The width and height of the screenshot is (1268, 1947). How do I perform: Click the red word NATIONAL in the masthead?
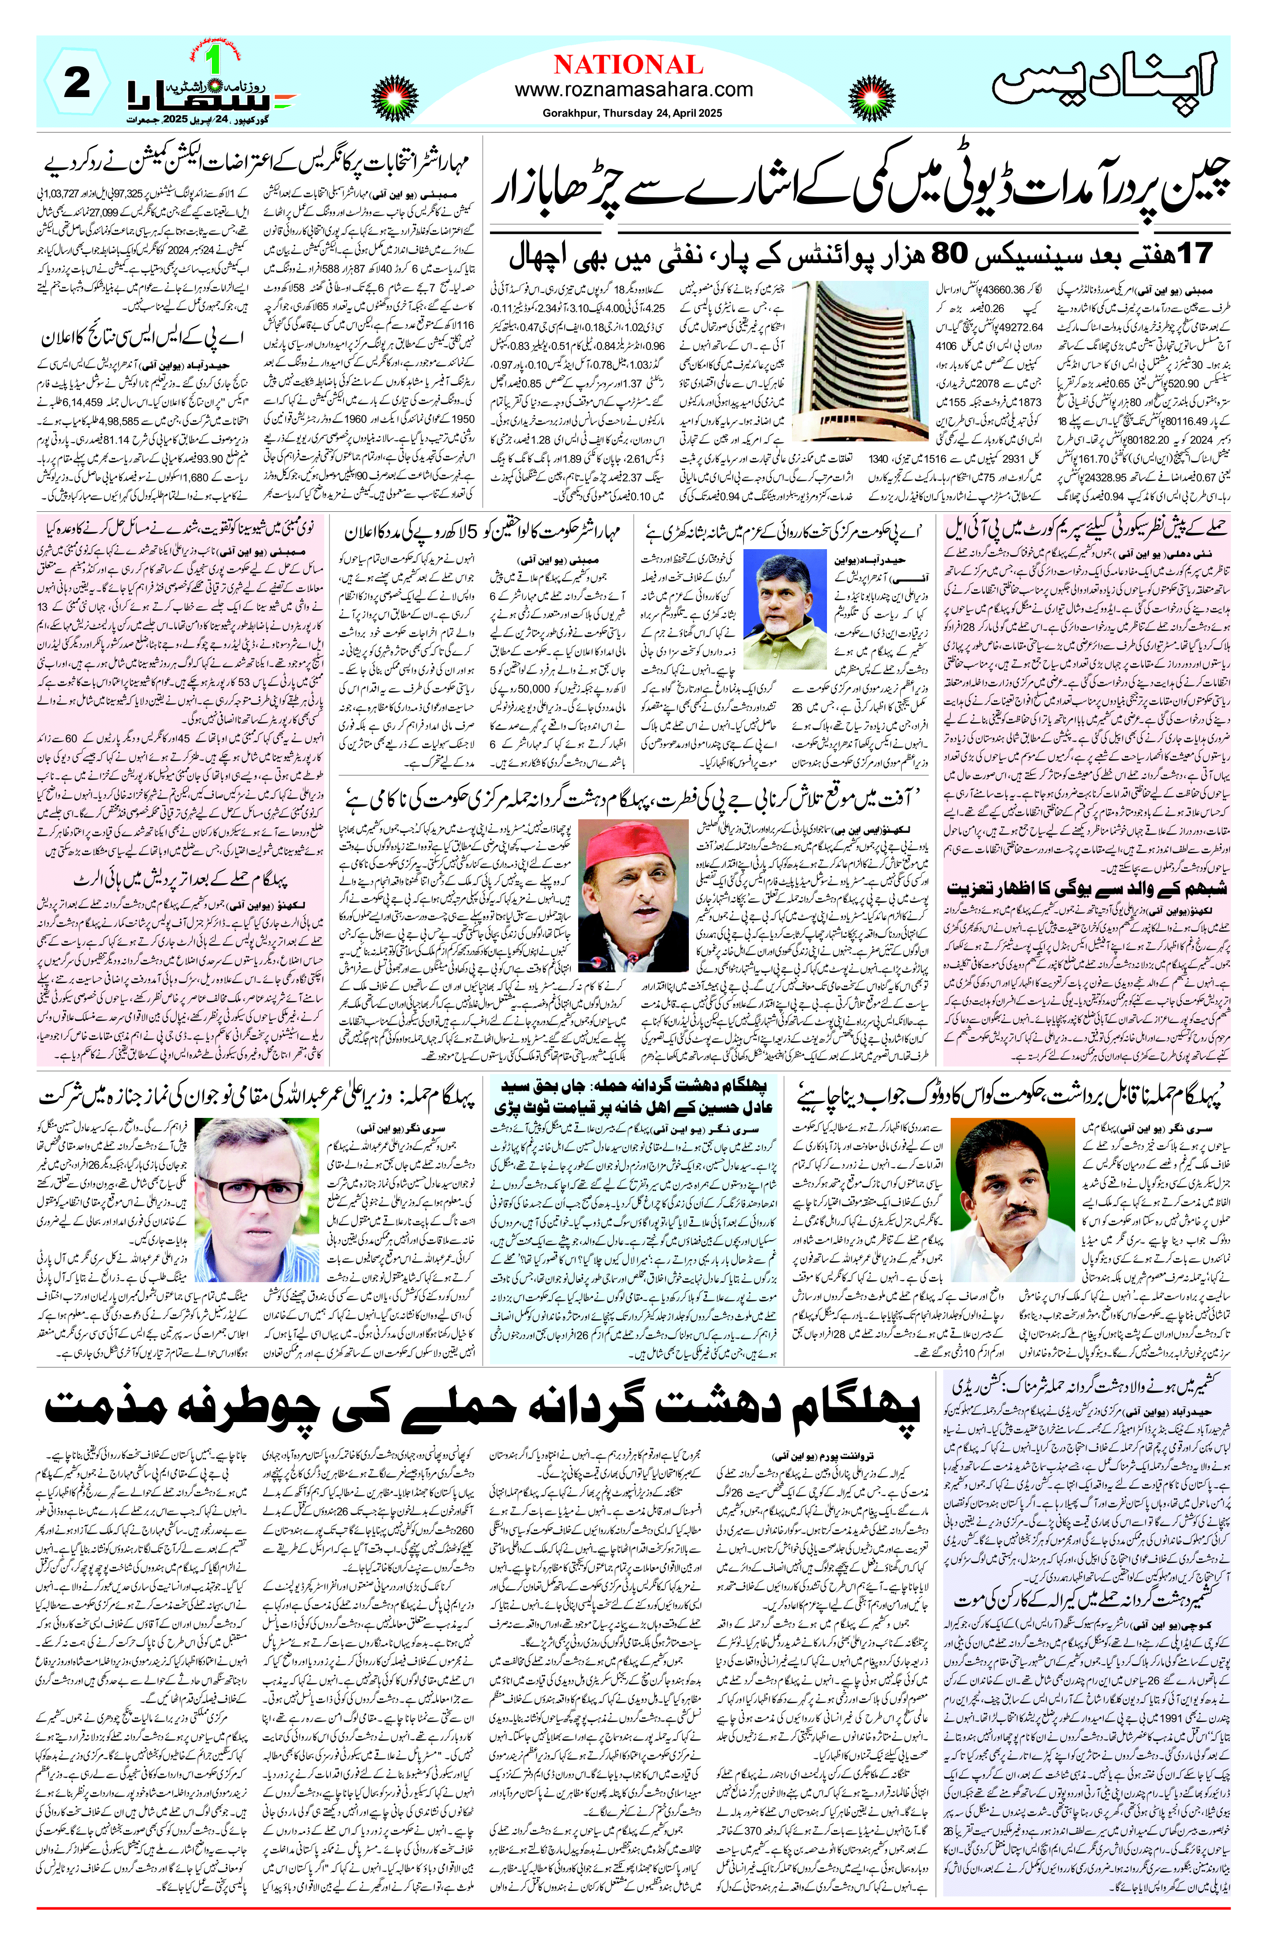click(628, 65)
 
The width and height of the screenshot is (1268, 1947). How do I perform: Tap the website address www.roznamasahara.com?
click(634, 90)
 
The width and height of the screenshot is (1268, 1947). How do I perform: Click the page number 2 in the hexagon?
click(78, 84)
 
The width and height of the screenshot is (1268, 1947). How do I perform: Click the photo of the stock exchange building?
click(860, 360)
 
